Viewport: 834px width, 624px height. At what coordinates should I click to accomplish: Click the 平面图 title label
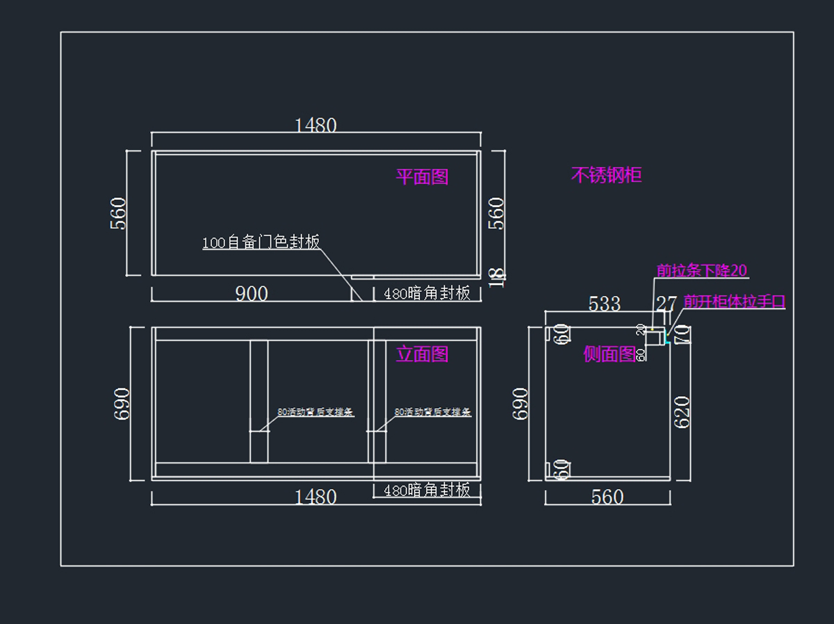point(422,177)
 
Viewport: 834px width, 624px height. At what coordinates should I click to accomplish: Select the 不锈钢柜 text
point(606,175)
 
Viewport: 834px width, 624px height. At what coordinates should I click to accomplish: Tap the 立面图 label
point(422,354)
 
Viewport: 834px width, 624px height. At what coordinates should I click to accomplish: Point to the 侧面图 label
point(610,354)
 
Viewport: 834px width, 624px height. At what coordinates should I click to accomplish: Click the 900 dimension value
point(251,294)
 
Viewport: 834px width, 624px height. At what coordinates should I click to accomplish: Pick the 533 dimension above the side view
point(604,304)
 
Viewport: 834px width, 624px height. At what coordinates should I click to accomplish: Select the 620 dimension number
point(682,411)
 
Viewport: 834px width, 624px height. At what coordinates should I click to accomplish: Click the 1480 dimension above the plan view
point(316,126)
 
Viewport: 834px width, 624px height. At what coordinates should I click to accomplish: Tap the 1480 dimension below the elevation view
point(316,498)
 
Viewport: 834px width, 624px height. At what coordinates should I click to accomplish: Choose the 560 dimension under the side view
point(607,498)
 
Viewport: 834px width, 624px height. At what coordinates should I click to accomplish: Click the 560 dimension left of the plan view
point(119,213)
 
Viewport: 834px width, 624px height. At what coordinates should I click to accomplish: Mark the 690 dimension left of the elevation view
point(122,404)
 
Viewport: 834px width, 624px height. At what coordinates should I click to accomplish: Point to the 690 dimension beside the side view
point(521,404)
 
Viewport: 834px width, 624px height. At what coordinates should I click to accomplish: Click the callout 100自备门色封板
point(261,243)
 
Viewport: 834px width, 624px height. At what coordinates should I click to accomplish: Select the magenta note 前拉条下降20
point(702,270)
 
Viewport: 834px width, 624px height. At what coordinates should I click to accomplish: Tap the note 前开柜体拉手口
point(734,302)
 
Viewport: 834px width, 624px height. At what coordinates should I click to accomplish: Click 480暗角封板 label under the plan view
point(427,294)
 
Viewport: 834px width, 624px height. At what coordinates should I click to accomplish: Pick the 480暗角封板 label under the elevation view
point(427,491)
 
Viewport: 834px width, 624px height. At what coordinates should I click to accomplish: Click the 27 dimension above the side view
point(666,304)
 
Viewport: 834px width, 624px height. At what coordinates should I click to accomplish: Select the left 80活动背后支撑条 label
point(316,412)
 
